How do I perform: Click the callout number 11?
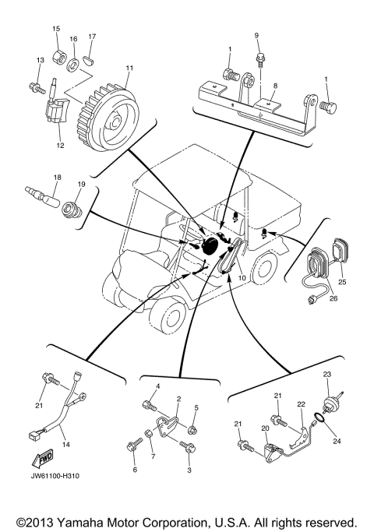tap(129, 69)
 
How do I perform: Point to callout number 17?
tap(92, 37)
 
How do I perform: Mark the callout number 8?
tap(274, 87)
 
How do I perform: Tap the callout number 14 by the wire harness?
tap(66, 444)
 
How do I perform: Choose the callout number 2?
tap(178, 399)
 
